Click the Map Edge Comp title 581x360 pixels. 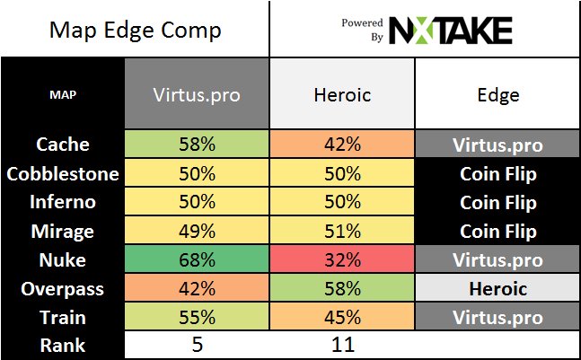[x=135, y=31]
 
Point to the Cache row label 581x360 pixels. [x=63, y=144]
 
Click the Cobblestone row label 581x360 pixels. [x=63, y=172]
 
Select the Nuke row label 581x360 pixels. [x=63, y=260]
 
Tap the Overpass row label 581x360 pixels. [x=63, y=289]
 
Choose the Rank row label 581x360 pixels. [x=63, y=346]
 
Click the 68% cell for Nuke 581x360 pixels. [x=196, y=260]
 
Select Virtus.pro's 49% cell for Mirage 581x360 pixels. [x=196, y=231]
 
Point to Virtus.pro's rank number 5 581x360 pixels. [x=196, y=346]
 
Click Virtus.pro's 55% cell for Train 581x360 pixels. [x=196, y=318]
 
